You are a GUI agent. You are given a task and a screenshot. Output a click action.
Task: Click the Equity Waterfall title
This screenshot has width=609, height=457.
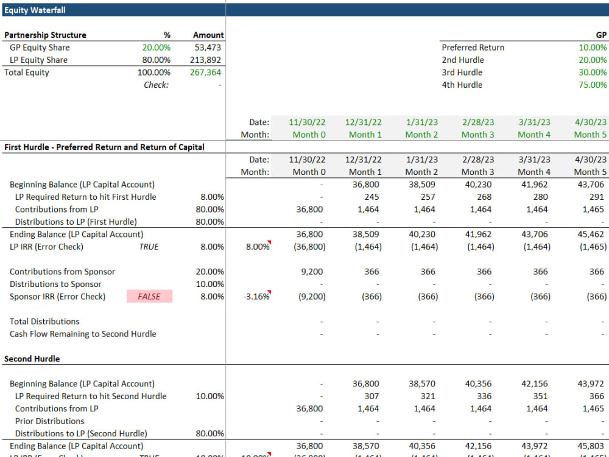(x=35, y=10)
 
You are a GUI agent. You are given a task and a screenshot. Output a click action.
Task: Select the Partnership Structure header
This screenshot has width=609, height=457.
(x=45, y=35)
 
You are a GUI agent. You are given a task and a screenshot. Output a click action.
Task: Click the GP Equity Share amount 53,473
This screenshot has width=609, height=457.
(x=208, y=48)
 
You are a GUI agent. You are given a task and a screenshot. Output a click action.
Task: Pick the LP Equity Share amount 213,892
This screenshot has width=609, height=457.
(x=206, y=60)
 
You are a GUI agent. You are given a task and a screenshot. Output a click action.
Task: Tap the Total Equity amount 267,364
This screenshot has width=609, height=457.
(x=206, y=73)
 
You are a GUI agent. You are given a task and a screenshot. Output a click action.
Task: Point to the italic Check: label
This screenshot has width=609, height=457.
(x=156, y=85)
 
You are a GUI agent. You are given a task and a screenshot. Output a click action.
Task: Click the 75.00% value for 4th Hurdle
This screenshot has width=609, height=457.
(x=593, y=85)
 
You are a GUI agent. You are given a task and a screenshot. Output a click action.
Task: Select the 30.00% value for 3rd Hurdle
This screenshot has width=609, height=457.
(x=593, y=73)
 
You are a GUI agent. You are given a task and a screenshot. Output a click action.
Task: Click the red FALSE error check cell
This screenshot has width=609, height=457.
(x=149, y=297)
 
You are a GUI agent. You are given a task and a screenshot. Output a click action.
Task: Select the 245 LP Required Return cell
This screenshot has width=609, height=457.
(x=371, y=197)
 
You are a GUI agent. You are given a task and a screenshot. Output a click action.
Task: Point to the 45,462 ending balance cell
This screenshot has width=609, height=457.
(x=593, y=235)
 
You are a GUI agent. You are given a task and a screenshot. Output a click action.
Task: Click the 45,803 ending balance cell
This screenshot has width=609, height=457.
(x=593, y=446)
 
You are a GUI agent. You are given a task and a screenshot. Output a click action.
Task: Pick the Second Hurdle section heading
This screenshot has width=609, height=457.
(x=32, y=359)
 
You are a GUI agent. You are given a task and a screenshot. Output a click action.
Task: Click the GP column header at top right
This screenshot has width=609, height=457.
(x=600, y=35)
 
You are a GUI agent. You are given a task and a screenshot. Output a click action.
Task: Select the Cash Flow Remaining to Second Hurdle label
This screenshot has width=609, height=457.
(x=83, y=334)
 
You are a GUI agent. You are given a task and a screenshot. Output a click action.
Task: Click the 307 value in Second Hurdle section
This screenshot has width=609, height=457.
(x=371, y=396)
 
